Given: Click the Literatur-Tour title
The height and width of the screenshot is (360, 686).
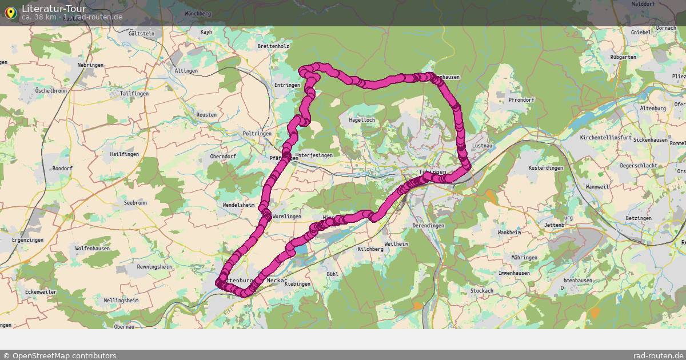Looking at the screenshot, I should [54, 9].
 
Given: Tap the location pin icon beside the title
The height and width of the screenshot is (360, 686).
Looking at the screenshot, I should [10, 13].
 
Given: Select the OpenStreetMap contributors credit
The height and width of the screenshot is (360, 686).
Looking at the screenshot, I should [59, 355].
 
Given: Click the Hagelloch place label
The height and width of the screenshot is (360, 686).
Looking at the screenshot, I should [362, 120].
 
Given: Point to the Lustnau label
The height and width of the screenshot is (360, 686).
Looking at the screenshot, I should [482, 146].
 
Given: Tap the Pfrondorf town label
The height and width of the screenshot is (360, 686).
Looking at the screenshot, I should [521, 100].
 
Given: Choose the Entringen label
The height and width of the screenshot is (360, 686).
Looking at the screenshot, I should [287, 85].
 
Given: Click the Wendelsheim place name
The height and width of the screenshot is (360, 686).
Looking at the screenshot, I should [238, 205].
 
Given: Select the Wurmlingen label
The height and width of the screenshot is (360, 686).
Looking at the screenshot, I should [286, 217].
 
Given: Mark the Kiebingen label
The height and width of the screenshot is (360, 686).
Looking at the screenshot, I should [297, 284].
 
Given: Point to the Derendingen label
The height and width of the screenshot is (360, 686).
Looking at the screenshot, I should [428, 226].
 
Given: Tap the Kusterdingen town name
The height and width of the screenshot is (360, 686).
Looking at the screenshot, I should [546, 168].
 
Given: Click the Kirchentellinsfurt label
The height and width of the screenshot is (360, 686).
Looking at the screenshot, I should [605, 138].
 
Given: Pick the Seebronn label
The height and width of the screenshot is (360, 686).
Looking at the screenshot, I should [135, 203].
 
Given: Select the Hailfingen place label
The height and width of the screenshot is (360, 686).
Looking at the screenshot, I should [125, 154].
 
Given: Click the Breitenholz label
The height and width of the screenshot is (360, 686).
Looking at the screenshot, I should [274, 46].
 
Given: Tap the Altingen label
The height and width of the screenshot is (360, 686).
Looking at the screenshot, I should [186, 71].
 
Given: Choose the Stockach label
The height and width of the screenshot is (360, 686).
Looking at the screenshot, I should [481, 291].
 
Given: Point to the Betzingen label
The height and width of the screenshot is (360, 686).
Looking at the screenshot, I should [639, 218].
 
